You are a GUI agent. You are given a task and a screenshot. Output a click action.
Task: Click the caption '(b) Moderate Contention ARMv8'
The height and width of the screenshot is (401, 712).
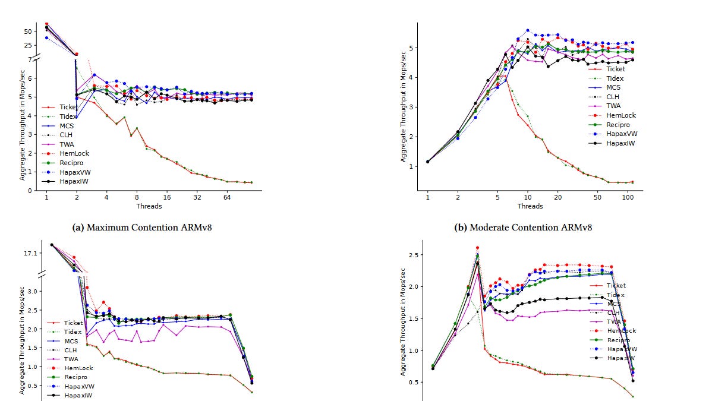[530, 227]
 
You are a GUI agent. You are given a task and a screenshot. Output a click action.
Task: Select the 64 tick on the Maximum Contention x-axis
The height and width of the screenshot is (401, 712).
[226, 198]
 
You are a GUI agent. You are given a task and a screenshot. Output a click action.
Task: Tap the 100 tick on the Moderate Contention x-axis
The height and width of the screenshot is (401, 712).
[627, 198]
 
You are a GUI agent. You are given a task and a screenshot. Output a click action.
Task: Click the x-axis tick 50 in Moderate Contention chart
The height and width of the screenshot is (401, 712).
[597, 198]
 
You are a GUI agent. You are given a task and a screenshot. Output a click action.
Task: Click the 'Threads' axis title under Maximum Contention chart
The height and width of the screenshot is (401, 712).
[149, 206]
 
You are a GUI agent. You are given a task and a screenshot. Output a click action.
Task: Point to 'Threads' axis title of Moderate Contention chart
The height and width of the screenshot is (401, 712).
[530, 206]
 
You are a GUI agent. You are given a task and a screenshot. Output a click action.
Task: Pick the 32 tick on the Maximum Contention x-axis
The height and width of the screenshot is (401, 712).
[197, 198]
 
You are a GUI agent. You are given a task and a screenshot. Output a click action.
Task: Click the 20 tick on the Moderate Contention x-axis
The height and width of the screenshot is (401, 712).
[557, 198]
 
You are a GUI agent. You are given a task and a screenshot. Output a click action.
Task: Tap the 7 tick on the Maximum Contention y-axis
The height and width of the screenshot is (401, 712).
[30, 59]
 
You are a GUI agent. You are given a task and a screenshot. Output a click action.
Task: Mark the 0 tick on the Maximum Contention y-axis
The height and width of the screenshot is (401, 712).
[31, 191]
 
